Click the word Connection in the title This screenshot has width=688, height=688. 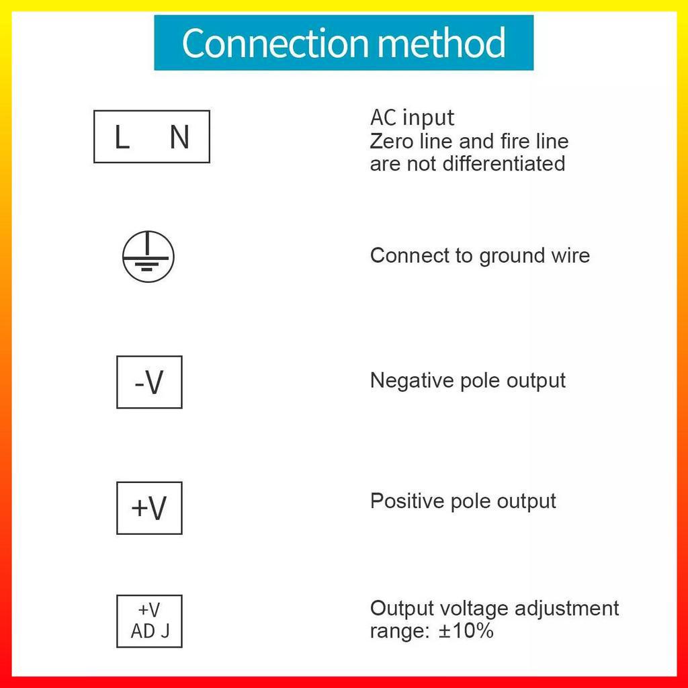pyautogui.click(x=275, y=43)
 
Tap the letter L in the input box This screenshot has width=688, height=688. pyautogui.click(x=122, y=138)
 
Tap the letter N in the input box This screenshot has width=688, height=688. pyautogui.click(x=179, y=138)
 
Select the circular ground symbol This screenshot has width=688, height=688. pyautogui.click(x=148, y=257)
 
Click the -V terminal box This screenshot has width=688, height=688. pyautogui.click(x=149, y=382)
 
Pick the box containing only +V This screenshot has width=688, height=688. pyautogui.click(x=149, y=508)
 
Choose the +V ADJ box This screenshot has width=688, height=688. pyautogui.click(x=149, y=621)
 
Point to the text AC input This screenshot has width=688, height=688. pyautogui.click(x=412, y=118)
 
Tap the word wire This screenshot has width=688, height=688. pyautogui.click(x=570, y=255)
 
